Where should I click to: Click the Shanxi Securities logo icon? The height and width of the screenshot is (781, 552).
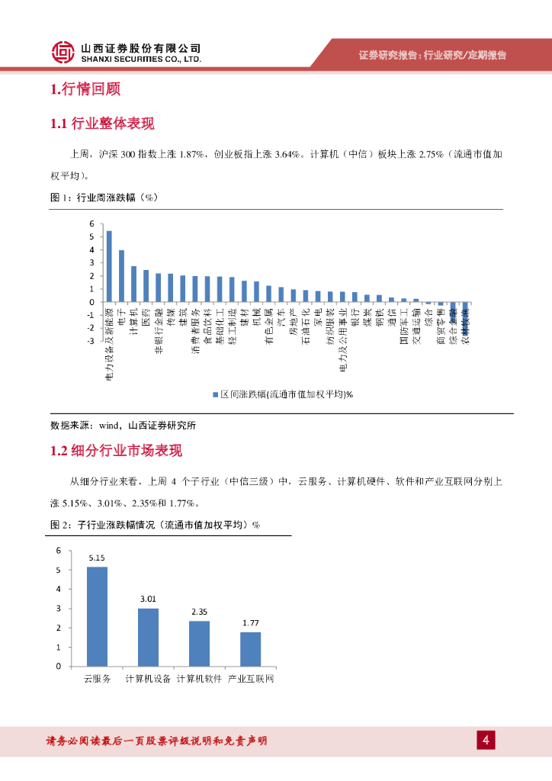tap(63, 52)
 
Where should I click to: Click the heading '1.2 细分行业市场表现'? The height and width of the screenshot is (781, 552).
tap(116, 451)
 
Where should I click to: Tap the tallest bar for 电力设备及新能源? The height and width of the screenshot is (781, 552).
tap(109, 266)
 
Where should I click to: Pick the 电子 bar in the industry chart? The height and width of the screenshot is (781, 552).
tap(121, 276)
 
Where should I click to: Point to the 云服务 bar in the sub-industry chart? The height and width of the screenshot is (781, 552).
tap(97, 616)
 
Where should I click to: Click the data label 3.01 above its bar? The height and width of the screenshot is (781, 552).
tap(148, 599)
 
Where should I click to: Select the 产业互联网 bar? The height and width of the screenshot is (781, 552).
tap(250, 649)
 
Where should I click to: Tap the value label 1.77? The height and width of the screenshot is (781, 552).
tap(250, 623)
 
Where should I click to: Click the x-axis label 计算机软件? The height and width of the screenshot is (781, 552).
tap(199, 678)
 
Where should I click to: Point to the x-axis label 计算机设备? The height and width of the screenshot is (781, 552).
tap(148, 678)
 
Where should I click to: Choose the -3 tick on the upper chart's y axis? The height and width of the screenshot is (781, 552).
tap(91, 341)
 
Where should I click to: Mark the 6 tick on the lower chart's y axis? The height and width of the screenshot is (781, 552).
tap(59, 550)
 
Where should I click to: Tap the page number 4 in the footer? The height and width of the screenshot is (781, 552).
tap(486, 740)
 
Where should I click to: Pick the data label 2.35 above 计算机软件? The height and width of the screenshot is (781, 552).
tap(199, 612)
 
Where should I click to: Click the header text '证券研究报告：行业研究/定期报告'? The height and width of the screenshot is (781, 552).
tap(432, 55)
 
